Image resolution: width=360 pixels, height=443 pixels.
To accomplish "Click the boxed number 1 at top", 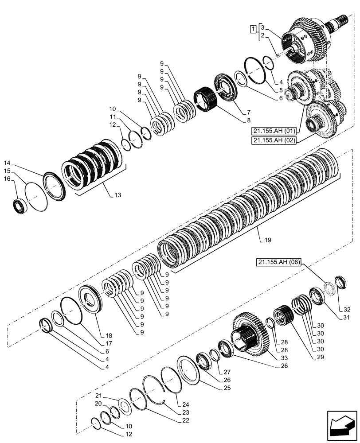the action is [252, 29].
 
